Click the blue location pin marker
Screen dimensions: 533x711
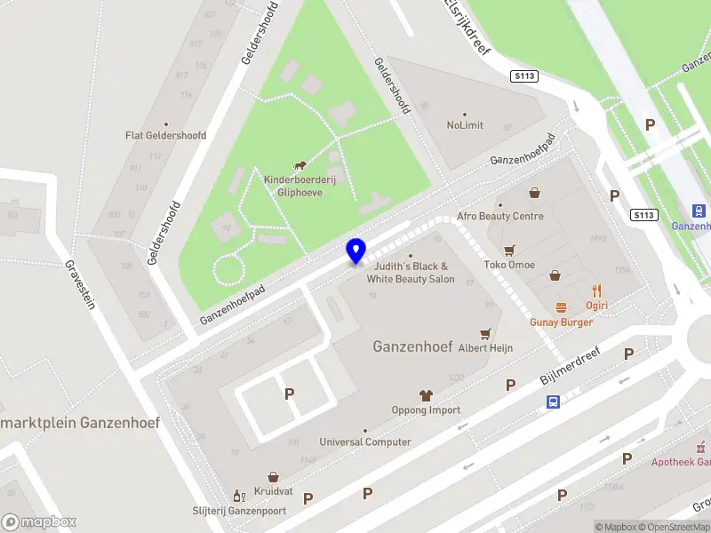(x=356, y=251)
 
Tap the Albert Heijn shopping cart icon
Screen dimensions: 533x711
(x=485, y=334)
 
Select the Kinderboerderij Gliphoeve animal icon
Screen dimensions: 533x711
(x=300, y=165)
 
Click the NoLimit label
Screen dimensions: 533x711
(x=465, y=125)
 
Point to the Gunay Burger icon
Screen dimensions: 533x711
(x=561, y=306)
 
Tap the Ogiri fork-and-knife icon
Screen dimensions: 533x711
(x=596, y=290)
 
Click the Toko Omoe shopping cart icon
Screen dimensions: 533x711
(x=509, y=250)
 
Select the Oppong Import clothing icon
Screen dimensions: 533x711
(x=426, y=395)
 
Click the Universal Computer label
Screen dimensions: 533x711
(x=365, y=442)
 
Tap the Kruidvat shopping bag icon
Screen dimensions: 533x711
(x=273, y=476)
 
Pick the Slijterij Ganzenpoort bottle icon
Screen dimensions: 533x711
(x=238, y=495)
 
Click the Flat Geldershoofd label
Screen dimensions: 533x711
(x=165, y=136)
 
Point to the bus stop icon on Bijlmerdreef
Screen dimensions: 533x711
(x=553, y=402)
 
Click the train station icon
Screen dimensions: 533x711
(x=699, y=211)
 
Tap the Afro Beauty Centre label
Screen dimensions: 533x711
(x=500, y=216)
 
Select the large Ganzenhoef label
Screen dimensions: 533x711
(x=413, y=346)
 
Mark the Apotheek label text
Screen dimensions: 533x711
(x=681, y=462)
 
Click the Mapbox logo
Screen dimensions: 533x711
(x=39, y=522)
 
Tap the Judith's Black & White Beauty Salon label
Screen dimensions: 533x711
(x=411, y=273)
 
